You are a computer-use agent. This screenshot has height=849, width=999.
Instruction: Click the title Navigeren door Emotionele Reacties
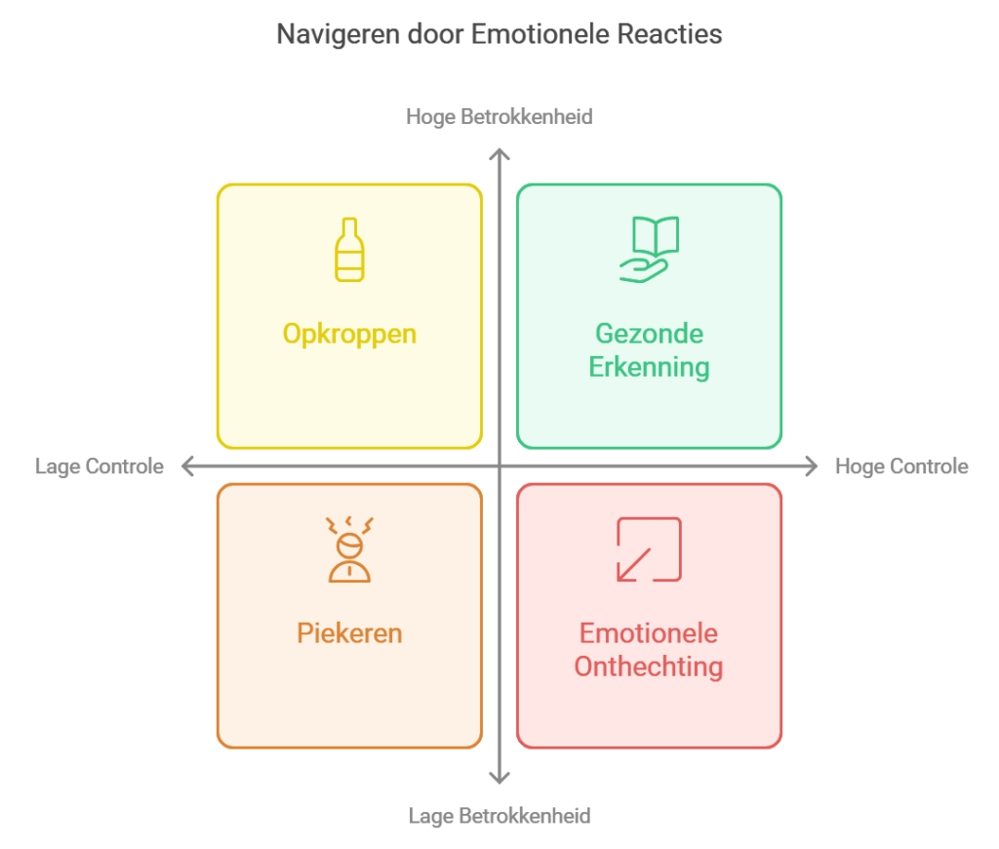click(499, 34)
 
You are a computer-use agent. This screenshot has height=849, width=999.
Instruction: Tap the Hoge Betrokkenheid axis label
click(499, 116)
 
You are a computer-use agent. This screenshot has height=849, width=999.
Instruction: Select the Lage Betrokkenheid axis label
click(499, 815)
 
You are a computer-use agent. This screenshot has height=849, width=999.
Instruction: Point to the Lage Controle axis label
click(100, 466)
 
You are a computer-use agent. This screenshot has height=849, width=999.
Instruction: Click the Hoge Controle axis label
click(901, 466)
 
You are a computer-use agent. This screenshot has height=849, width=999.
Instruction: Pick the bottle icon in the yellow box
click(348, 250)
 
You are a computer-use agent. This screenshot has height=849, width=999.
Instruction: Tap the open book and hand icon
click(649, 250)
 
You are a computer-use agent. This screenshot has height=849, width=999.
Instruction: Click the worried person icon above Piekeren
click(348, 549)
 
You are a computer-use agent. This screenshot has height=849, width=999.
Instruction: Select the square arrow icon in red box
click(649, 549)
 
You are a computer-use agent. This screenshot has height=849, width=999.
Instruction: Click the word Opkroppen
click(349, 334)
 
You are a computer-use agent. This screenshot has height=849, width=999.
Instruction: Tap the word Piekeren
click(349, 633)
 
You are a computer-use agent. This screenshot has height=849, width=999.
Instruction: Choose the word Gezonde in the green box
click(649, 334)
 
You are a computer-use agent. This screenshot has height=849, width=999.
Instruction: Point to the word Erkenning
click(649, 368)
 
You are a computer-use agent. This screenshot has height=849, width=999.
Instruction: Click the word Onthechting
click(649, 667)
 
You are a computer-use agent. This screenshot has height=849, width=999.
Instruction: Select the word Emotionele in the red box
click(649, 633)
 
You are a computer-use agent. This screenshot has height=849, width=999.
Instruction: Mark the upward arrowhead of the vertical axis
click(499, 154)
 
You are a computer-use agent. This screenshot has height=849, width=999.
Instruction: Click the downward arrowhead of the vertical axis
click(499, 778)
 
